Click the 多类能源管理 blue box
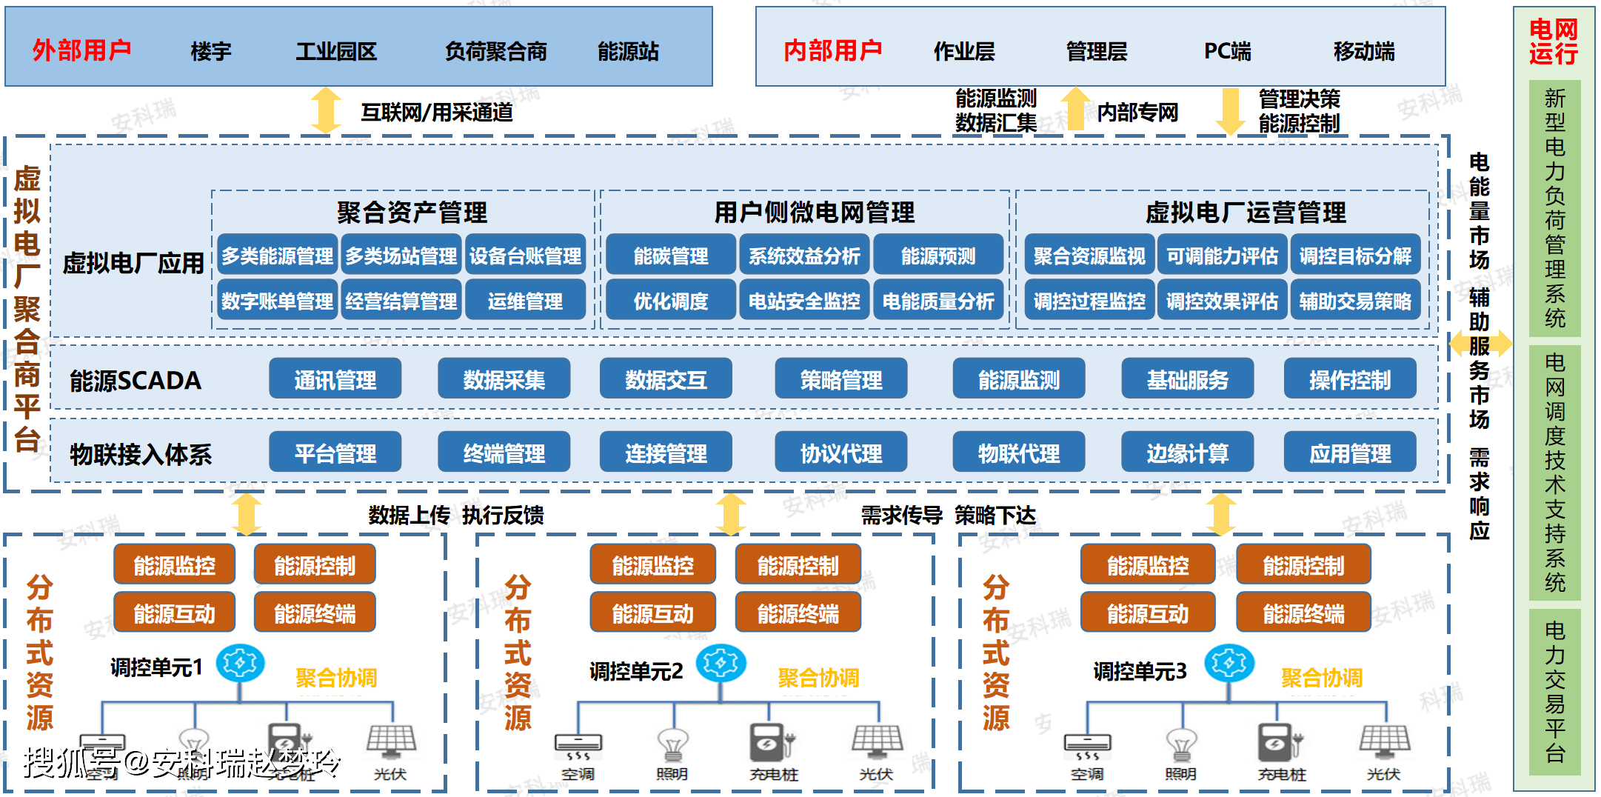(278, 256)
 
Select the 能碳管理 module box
(670, 256)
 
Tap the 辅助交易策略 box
(1355, 301)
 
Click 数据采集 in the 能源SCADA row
(504, 379)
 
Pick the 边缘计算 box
(1187, 453)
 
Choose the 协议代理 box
(840, 453)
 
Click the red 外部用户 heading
(81, 50)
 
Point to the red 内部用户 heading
(833, 50)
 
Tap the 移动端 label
(1364, 51)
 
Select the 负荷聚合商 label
(495, 51)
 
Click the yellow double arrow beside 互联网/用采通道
(326, 110)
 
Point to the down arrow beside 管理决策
(1231, 111)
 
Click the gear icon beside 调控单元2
(721, 663)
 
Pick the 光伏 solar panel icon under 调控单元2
(877, 741)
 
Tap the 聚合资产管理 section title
(412, 213)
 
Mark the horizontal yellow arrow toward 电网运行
(1480, 343)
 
